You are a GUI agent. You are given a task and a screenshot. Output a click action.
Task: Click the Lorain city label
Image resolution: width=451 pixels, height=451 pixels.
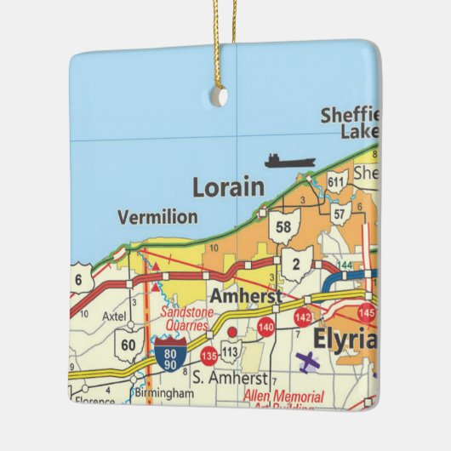tap(228, 187)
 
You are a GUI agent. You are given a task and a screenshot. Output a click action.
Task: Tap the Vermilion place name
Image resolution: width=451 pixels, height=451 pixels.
tap(157, 217)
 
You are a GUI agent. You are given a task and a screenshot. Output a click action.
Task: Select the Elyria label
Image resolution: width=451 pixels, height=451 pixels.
tap(345, 338)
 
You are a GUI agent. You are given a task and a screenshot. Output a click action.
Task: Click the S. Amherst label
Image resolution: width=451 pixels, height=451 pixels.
tap(229, 377)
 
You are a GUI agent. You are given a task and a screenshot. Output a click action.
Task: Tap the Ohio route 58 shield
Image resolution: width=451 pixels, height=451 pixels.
tap(283, 227)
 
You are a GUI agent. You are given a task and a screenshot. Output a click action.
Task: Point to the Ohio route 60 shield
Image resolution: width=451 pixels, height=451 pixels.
tap(127, 344)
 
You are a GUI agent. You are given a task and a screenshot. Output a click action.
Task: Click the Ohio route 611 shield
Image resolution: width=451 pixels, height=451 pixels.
tap(336, 182)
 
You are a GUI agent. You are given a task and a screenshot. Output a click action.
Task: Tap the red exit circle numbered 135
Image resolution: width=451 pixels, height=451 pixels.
tap(208, 356)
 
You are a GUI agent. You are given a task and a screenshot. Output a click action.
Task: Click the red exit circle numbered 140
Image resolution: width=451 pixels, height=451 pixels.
tap(265, 327)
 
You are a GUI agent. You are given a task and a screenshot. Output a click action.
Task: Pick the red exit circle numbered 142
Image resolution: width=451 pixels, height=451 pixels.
tap(302, 317)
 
